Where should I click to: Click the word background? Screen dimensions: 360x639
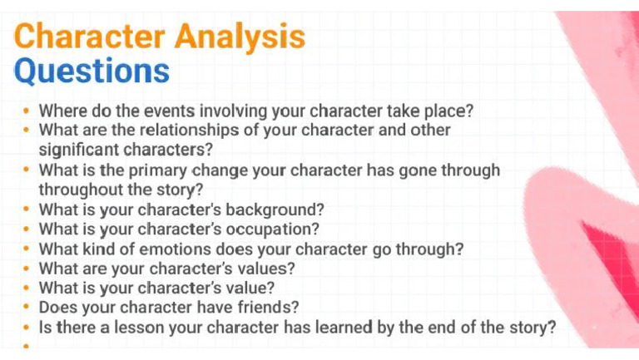(275, 209)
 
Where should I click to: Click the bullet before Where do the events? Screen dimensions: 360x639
(27, 111)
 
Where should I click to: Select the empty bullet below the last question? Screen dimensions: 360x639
(27, 346)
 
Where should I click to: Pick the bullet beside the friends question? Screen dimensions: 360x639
(27, 308)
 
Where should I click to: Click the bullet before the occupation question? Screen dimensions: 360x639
(27, 229)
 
